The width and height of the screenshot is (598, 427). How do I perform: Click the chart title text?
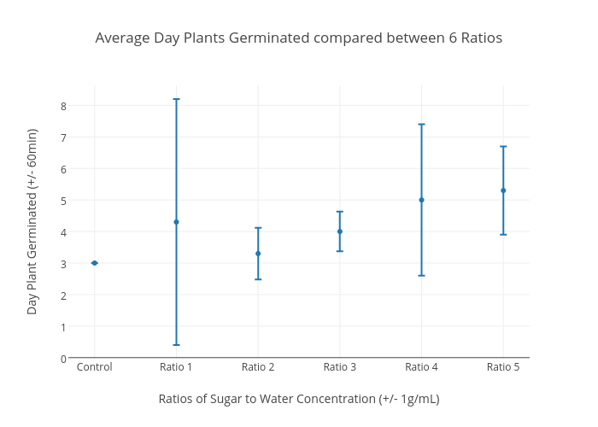[298, 38]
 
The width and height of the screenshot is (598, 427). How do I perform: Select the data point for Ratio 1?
[176, 222]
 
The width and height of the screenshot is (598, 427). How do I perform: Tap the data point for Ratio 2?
[258, 254]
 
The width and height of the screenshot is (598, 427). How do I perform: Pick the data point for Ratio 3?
[339, 231]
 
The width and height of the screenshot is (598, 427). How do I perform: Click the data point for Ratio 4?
[421, 200]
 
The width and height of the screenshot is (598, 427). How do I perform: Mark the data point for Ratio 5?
[503, 190]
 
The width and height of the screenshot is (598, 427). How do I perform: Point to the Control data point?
[94, 263]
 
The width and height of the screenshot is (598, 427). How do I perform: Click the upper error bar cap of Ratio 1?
[176, 99]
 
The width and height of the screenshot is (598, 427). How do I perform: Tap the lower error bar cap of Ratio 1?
[176, 345]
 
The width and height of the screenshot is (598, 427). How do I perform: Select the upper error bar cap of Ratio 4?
[421, 125]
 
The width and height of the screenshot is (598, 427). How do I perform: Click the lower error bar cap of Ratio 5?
[503, 234]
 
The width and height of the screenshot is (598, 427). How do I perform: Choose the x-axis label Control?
[94, 367]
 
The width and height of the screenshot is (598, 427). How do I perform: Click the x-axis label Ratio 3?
[339, 367]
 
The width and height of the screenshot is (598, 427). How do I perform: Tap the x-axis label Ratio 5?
[503, 367]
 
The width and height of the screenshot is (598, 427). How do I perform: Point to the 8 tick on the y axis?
[63, 106]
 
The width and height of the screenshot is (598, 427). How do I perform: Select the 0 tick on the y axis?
[63, 358]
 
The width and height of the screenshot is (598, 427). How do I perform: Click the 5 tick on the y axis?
[63, 201]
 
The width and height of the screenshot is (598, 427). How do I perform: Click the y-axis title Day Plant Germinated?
[32, 221]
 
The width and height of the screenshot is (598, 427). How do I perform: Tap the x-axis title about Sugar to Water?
[298, 399]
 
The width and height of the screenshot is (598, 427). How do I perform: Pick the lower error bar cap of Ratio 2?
[258, 279]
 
